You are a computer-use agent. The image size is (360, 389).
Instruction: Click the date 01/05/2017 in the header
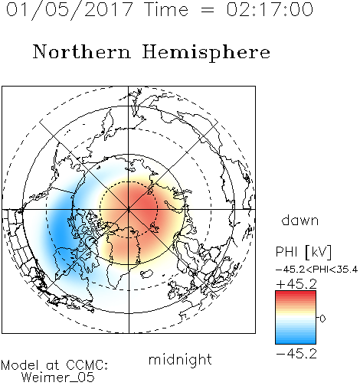pos(70,10)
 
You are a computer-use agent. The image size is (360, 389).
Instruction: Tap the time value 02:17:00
pos(270,9)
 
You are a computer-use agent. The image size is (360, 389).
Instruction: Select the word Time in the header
pos(166,9)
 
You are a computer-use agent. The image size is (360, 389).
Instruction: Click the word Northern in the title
pos(82,51)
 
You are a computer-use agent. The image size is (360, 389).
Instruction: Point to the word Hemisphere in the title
pos(206,53)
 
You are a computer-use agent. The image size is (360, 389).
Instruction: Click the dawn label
pos(300,220)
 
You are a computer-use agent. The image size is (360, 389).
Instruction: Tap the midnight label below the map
pos(180,360)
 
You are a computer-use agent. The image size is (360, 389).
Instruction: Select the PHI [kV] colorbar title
pos(304,251)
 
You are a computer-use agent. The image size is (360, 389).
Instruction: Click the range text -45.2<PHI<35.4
pos(317,270)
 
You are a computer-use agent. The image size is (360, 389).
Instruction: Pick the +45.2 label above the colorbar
pos(296,284)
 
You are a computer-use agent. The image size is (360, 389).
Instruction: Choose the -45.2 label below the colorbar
pos(296,354)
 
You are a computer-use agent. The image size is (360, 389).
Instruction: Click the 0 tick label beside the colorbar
pos(322,319)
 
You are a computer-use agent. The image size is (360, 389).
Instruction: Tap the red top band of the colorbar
pos(296,293)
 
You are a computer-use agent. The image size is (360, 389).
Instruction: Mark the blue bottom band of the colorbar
pos(296,341)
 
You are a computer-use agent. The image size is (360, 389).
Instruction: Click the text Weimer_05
pos(58,378)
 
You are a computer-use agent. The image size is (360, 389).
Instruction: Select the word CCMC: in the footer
pos(87,365)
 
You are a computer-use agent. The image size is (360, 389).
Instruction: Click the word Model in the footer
pos(20,365)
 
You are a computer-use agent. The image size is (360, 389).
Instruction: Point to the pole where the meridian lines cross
pos(129,209)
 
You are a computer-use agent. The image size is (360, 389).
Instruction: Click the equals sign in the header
pos(208,10)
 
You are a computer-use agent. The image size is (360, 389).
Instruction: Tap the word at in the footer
pos(53,366)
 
